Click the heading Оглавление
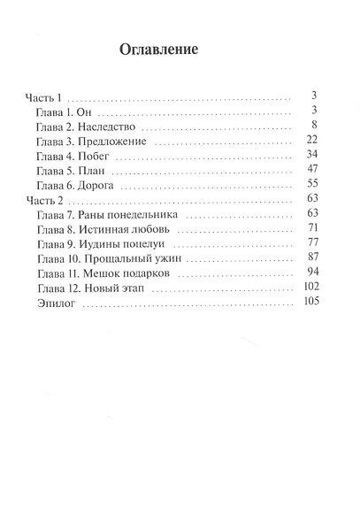(x=157, y=50)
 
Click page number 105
(x=309, y=303)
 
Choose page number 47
(x=310, y=170)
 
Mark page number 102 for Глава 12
(x=309, y=288)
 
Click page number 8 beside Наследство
(x=313, y=126)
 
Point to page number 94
(x=310, y=273)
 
